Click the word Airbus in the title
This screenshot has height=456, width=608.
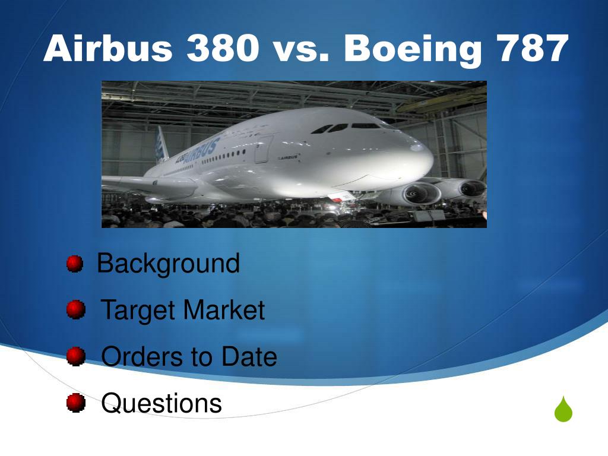click(x=108, y=48)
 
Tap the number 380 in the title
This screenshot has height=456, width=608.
click(x=223, y=48)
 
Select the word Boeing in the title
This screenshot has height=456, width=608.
click(x=413, y=50)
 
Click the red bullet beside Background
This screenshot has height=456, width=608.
click(x=74, y=264)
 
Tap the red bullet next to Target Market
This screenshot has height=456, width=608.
click(x=75, y=309)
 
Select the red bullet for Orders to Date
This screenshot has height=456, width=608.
click(x=75, y=356)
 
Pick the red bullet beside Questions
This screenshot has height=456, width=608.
click(x=75, y=403)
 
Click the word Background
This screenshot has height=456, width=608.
click(x=168, y=264)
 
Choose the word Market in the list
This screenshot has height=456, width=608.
click(x=224, y=309)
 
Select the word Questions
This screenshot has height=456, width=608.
click(x=161, y=404)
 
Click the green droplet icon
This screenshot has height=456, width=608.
click(x=563, y=410)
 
